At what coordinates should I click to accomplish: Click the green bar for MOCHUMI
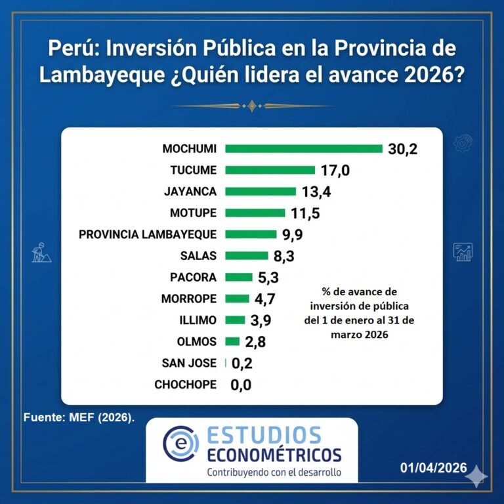click(303, 149)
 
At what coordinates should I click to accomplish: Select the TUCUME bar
click(270, 170)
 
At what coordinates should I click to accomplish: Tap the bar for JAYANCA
click(260, 192)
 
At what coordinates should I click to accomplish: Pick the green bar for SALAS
click(247, 255)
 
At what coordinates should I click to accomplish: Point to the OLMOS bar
click(232, 341)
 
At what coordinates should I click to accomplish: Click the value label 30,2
click(402, 149)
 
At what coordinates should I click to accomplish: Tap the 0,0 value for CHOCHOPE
click(241, 385)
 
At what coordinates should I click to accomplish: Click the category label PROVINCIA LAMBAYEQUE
click(148, 234)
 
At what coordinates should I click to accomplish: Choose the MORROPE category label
click(188, 299)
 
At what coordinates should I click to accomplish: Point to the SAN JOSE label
click(189, 363)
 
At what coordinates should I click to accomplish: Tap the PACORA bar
click(238, 277)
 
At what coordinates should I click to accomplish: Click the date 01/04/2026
click(434, 468)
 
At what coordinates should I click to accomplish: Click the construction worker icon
click(39, 251)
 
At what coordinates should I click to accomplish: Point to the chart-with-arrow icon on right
click(463, 251)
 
